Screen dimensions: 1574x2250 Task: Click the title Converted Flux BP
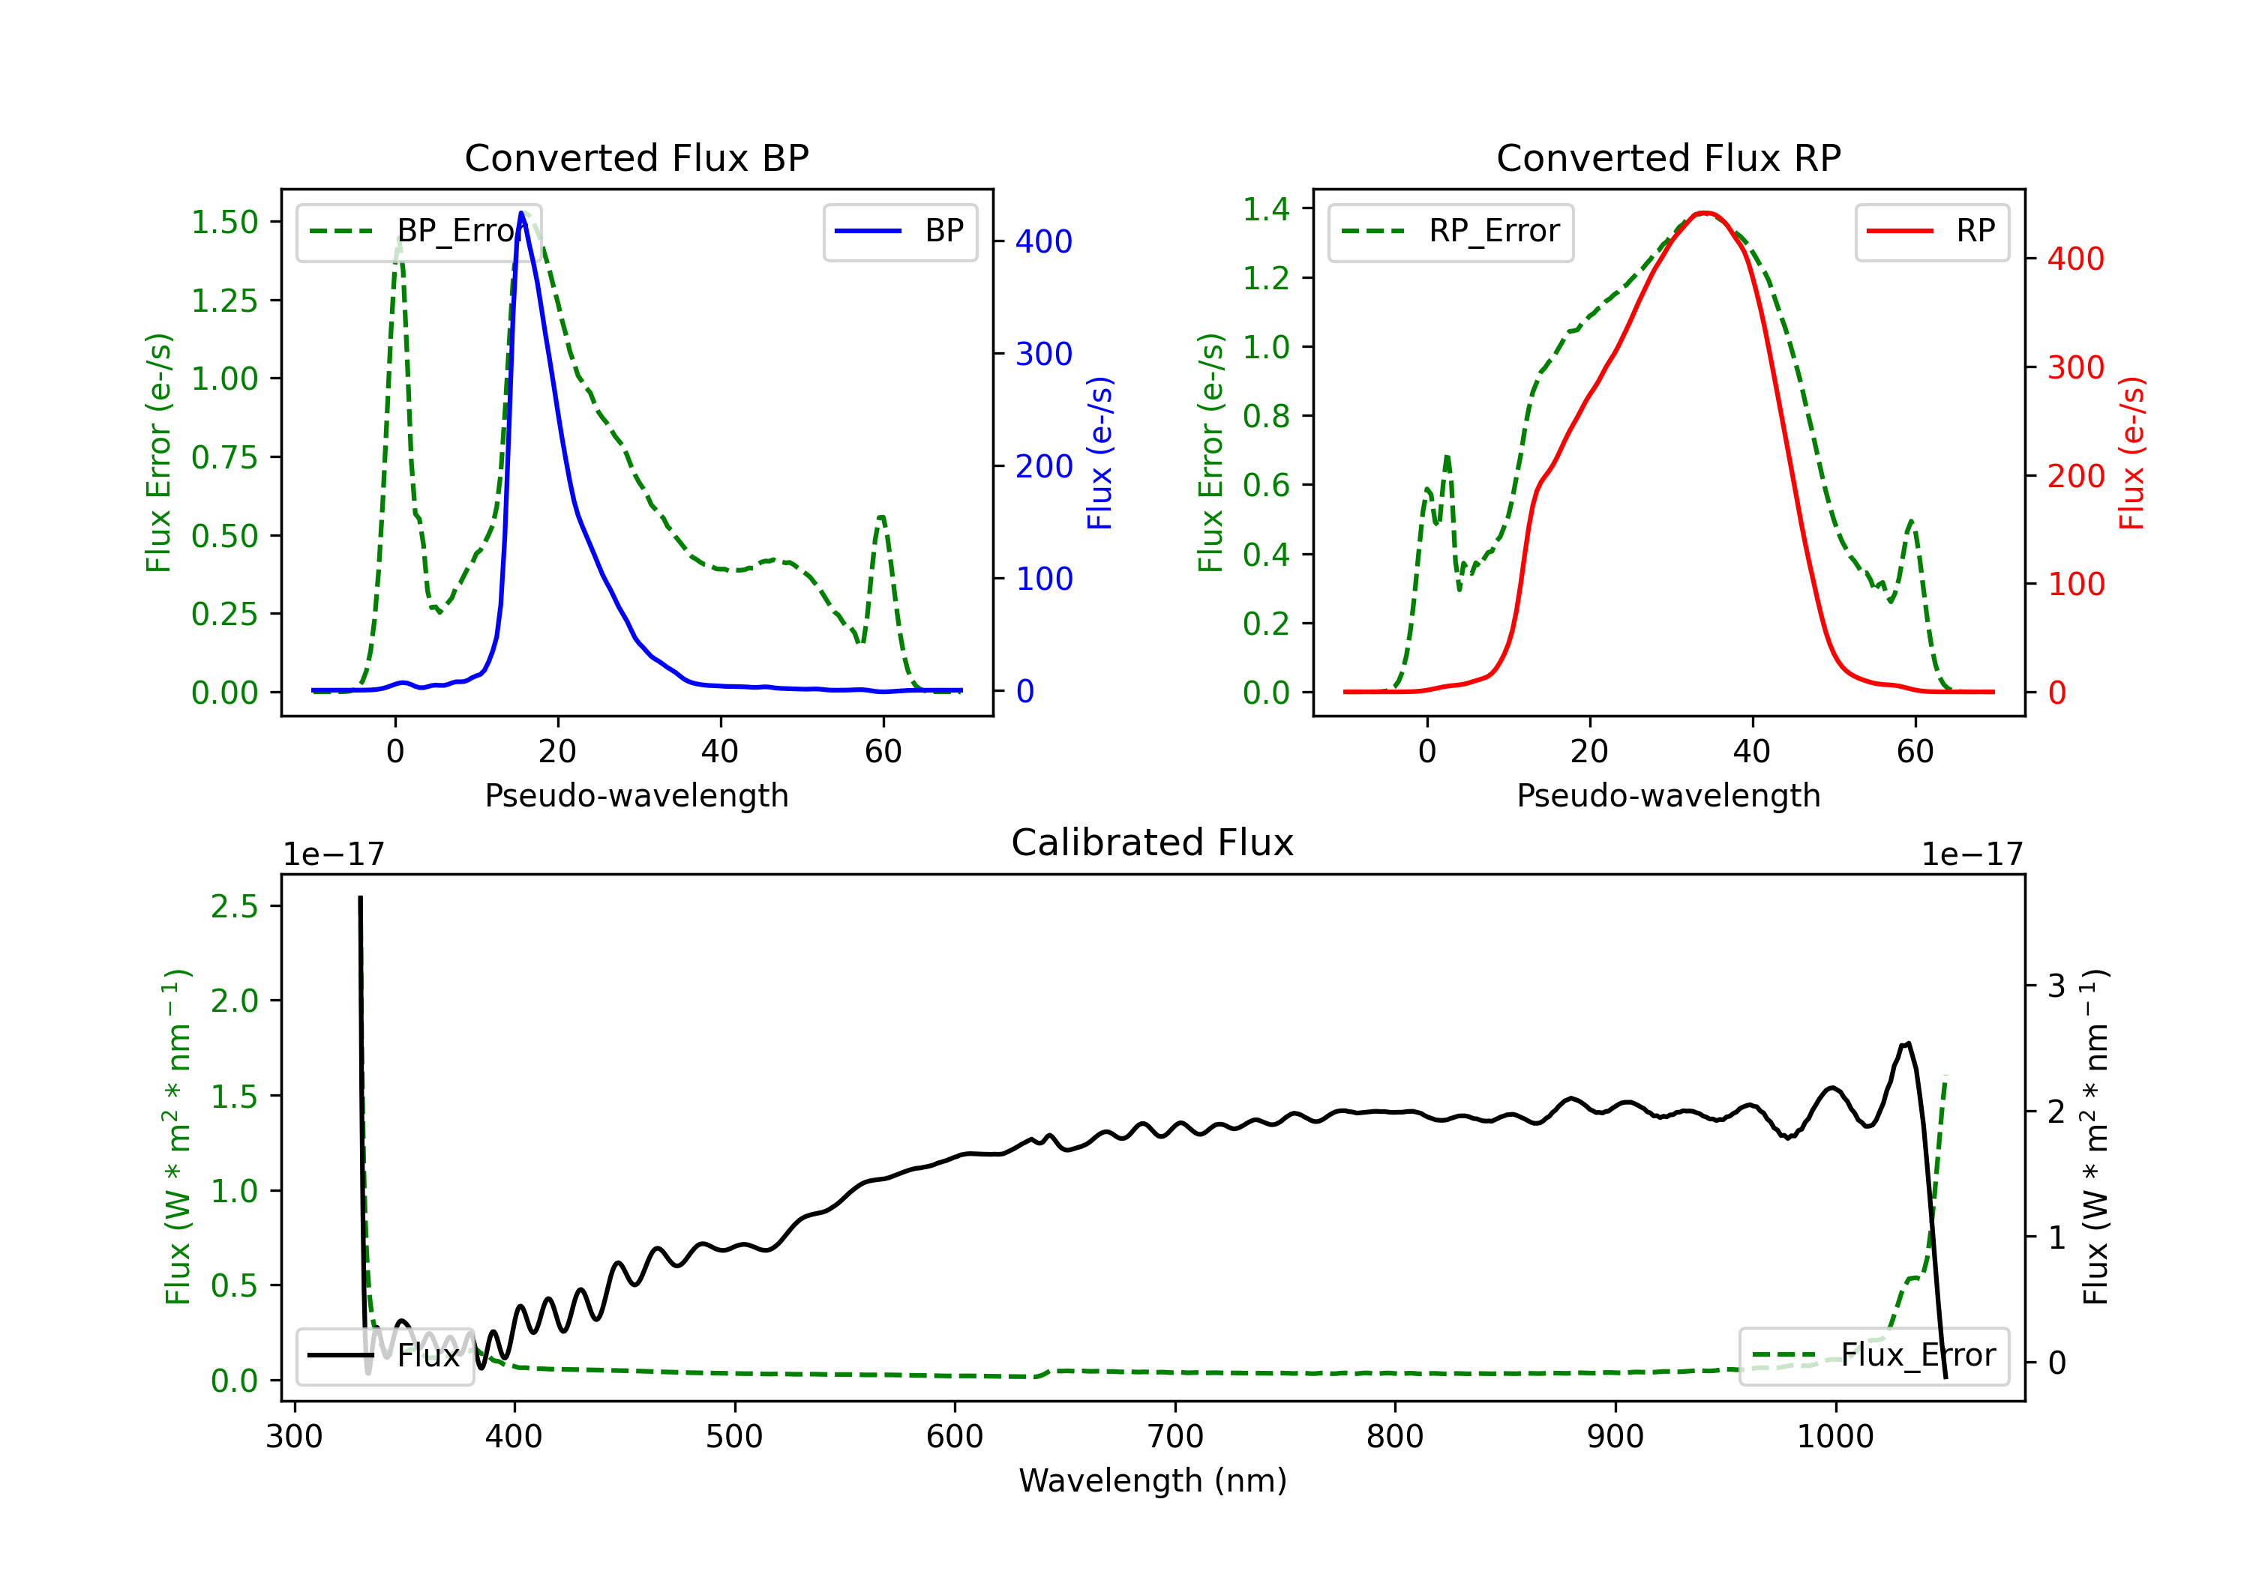click(636, 157)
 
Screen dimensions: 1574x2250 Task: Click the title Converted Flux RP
click(1668, 157)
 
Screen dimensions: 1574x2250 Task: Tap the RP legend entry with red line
click(1931, 231)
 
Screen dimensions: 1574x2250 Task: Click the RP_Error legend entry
click(1450, 231)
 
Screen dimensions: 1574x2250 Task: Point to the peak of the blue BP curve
click(521, 214)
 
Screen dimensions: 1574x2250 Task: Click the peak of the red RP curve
click(1705, 213)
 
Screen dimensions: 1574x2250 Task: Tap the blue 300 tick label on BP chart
click(1044, 354)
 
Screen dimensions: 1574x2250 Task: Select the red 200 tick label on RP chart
click(2075, 476)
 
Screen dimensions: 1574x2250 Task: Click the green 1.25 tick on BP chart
click(224, 301)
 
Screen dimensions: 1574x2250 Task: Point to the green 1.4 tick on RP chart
click(1265, 208)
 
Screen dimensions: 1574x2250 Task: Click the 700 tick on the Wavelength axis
click(1174, 1436)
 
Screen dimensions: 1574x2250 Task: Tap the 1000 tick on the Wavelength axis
click(1834, 1436)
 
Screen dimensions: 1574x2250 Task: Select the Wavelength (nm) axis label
click(1153, 1480)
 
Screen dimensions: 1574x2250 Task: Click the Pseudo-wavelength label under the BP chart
click(636, 795)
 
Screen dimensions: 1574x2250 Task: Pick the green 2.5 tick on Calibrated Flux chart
click(234, 906)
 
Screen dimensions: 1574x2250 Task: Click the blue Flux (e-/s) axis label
click(1099, 453)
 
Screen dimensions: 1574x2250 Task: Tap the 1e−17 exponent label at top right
click(1972, 854)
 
